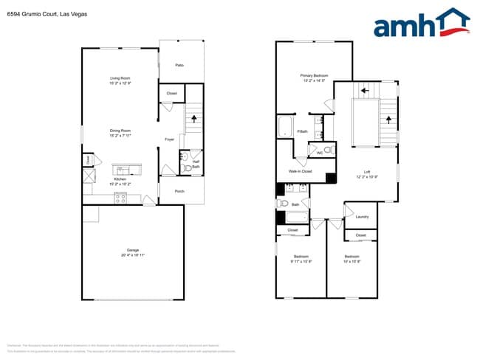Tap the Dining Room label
click(120, 131)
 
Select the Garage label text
click(133, 249)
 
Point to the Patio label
click(179, 66)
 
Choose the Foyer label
click(169, 139)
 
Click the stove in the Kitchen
click(120, 197)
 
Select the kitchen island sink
click(120, 169)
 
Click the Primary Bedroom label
click(314, 75)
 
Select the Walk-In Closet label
click(300, 171)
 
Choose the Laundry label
click(362, 216)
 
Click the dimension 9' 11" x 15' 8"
click(301, 261)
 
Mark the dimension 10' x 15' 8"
click(351, 261)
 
